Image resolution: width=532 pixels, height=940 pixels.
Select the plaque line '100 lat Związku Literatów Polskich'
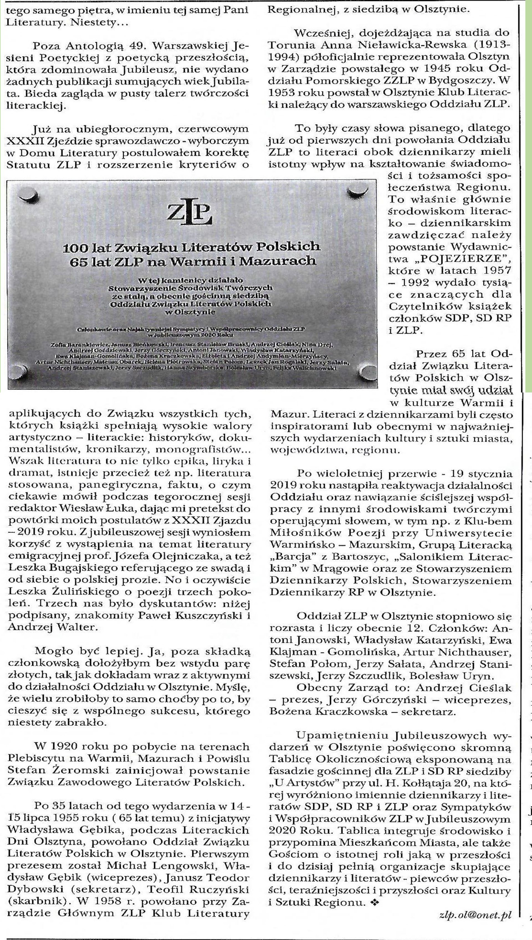pos(191,247)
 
